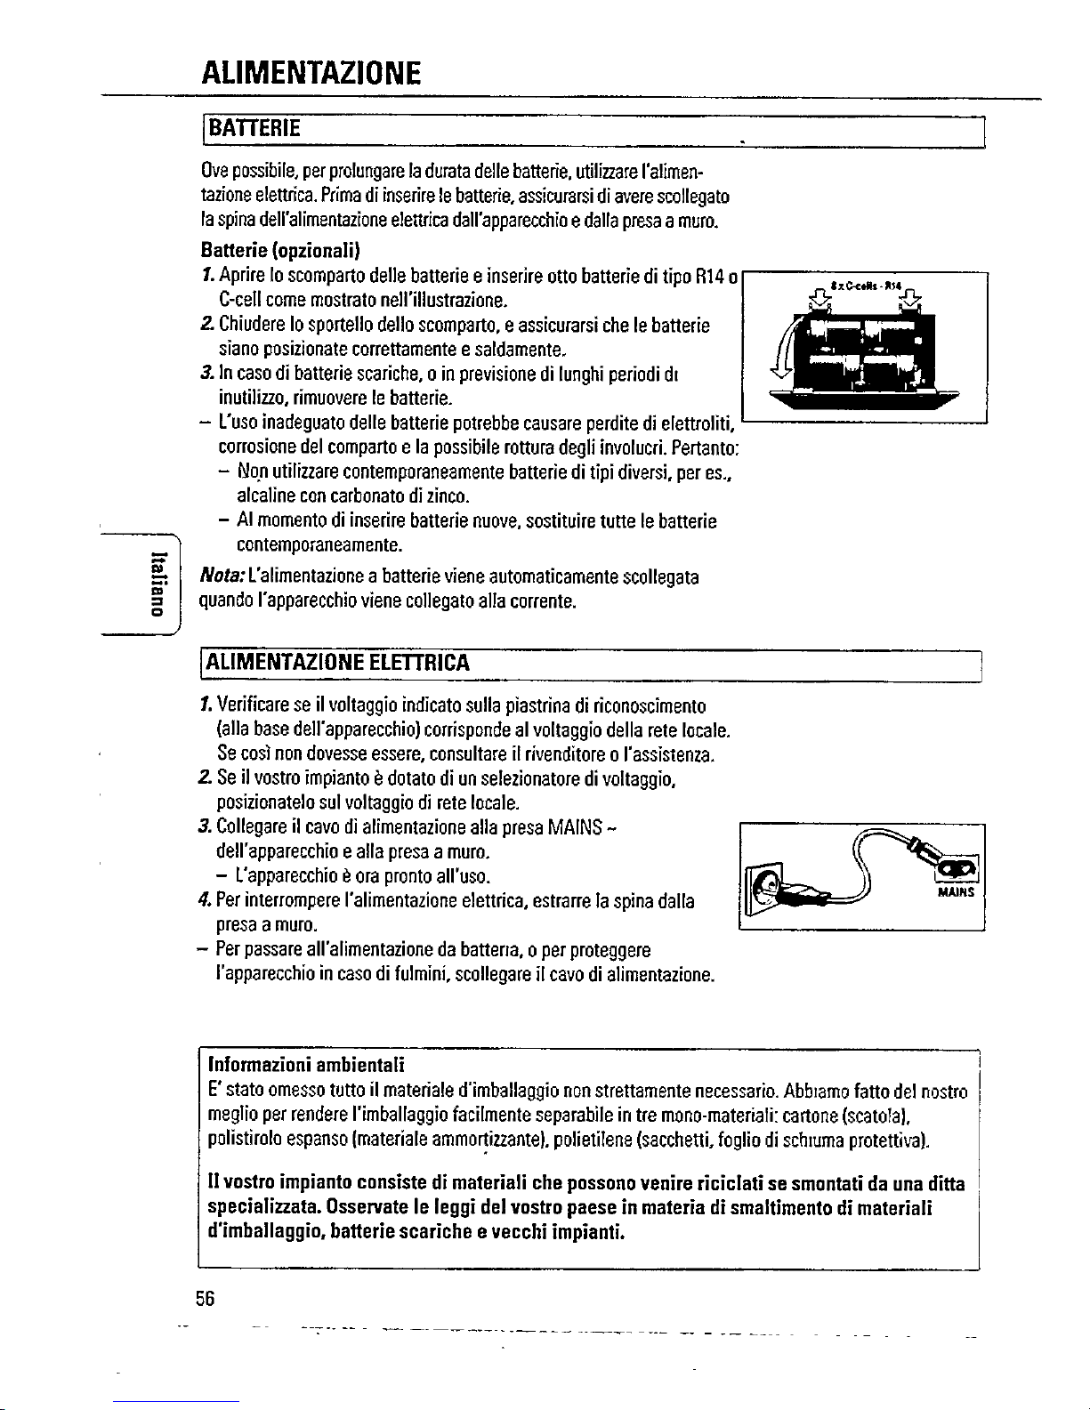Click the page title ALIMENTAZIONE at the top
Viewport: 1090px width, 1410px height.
[x=311, y=70]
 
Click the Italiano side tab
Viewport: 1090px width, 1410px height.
[x=157, y=584]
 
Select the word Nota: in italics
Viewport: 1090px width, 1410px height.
[x=221, y=578]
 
